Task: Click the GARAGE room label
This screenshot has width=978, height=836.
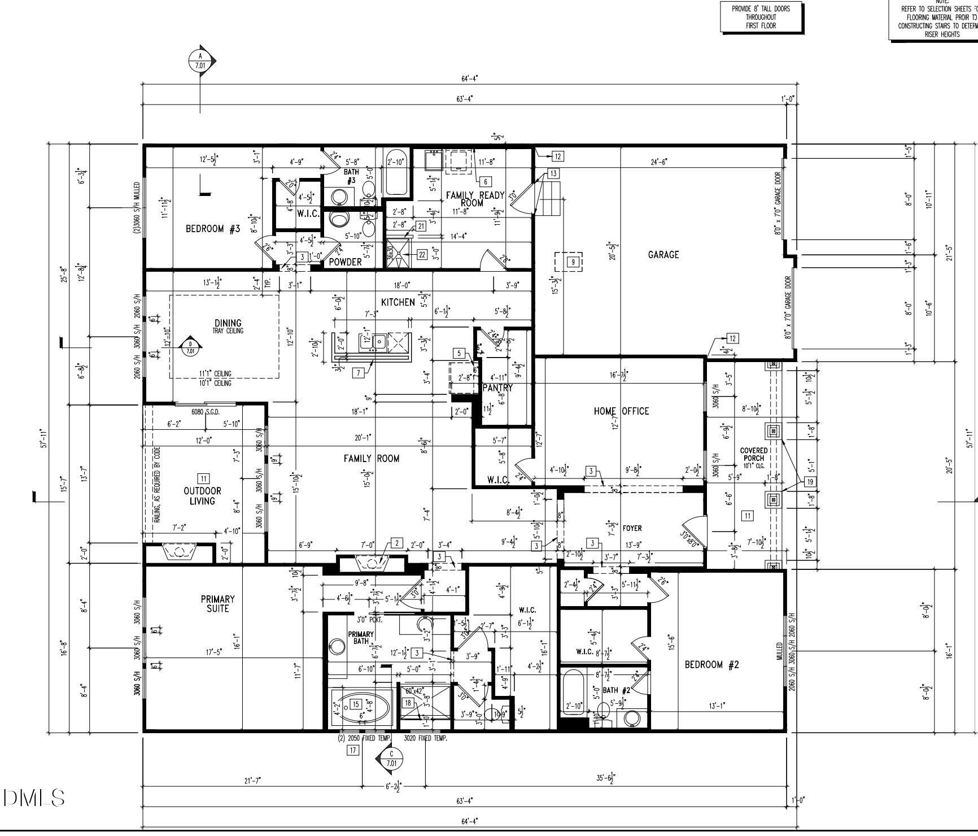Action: [663, 255]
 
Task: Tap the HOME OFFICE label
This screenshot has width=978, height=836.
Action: [621, 411]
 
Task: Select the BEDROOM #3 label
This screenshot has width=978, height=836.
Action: [213, 229]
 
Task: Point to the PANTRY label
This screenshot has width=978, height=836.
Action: [497, 387]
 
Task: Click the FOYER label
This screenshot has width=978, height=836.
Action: [632, 528]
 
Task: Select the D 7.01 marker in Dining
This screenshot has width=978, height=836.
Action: [190, 347]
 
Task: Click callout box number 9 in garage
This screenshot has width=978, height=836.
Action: [573, 262]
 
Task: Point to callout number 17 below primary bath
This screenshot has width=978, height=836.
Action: [353, 750]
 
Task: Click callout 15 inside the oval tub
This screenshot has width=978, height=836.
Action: [356, 704]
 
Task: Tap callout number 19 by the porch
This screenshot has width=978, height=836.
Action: [810, 482]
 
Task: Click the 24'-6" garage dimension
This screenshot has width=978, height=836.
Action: [658, 162]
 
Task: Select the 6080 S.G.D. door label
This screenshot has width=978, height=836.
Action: [205, 412]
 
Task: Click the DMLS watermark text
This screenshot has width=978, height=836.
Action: [34, 798]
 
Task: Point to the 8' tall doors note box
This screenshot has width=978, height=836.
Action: [761, 18]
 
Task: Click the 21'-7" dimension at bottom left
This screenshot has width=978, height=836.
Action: [252, 781]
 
